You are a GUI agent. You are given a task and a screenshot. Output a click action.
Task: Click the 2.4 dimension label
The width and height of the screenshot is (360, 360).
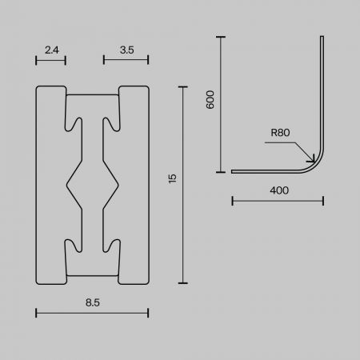point(52,50)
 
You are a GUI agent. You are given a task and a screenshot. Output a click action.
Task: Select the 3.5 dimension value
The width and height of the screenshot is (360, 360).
point(127,50)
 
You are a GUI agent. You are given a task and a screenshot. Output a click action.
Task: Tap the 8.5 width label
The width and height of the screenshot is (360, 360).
point(93,302)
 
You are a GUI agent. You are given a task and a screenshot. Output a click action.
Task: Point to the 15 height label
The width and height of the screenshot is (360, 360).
point(173,178)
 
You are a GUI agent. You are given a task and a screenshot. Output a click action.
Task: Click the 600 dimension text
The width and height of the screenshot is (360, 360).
point(210,99)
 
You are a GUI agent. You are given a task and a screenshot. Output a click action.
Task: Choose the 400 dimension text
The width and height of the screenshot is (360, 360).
point(279,190)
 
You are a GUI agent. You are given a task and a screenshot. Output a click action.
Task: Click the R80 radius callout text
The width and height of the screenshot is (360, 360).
point(280,133)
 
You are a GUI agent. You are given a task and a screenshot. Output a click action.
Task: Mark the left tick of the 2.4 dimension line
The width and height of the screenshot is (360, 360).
point(36,60)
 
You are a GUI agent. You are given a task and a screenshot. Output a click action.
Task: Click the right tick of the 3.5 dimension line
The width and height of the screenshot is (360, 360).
point(148,60)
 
